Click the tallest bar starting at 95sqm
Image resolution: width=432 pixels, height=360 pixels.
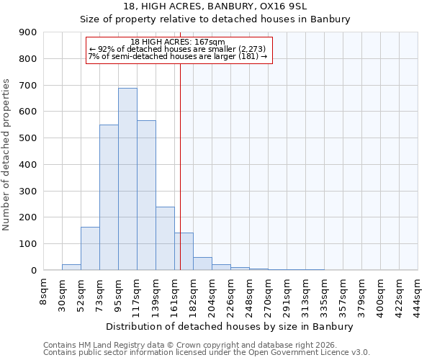[127, 180]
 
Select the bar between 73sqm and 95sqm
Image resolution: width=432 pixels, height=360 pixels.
[109, 198]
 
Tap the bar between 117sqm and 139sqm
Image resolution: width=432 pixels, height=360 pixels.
[146, 196]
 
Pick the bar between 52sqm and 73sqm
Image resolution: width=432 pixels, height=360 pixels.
[90, 248]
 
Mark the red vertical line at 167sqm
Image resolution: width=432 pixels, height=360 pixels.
[180, 166]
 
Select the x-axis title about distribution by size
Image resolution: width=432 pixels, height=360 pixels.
[230, 327]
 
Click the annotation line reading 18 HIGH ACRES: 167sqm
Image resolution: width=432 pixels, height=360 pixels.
[179, 42]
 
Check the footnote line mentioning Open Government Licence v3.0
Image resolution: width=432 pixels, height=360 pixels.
[207, 352]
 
